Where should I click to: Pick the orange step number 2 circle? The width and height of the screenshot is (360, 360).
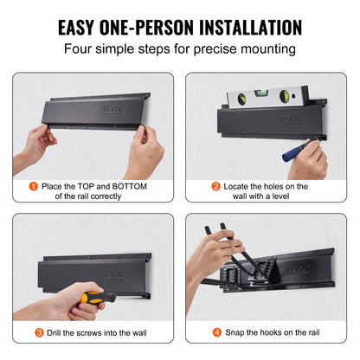[215, 184]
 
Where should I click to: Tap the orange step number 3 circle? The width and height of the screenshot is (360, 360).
[40, 331]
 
